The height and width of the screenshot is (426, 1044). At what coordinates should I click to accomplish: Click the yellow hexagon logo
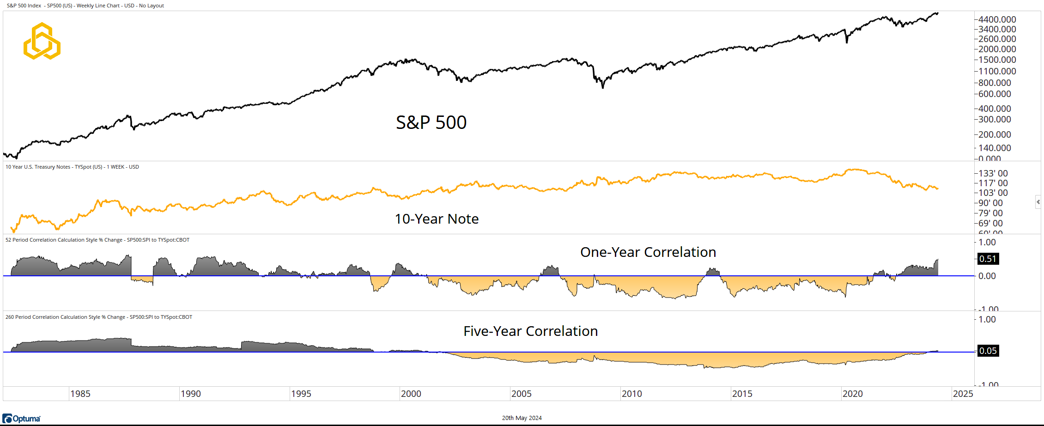[42, 41]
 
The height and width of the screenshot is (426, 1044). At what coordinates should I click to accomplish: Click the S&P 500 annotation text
[431, 122]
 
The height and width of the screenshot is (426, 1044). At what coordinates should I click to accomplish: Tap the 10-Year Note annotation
[437, 219]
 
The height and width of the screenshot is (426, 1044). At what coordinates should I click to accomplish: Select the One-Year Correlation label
[648, 252]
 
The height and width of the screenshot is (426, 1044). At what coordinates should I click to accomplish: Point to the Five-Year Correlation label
[530, 331]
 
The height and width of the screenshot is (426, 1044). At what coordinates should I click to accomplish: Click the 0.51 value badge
[988, 259]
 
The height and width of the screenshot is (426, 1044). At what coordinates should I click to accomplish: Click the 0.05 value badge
[988, 351]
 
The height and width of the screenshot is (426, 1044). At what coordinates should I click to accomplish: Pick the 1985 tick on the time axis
[80, 394]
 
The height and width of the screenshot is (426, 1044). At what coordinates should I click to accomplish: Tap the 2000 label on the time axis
[411, 394]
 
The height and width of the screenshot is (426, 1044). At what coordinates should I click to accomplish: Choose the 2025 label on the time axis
[963, 394]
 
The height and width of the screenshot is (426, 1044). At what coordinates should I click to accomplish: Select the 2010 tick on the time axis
[631, 394]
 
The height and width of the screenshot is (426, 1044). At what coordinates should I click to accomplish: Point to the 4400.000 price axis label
[997, 19]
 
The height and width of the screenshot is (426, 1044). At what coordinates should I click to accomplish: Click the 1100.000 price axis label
[997, 71]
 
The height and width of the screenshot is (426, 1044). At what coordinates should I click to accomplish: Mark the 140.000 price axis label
[995, 148]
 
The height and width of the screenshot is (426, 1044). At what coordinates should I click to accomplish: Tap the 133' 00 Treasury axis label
[993, 173]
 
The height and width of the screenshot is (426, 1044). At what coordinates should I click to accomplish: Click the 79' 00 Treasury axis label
[990, 213]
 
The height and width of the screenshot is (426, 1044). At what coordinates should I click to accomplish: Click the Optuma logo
[22, 419]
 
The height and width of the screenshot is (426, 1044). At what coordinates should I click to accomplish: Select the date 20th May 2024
[522, 418]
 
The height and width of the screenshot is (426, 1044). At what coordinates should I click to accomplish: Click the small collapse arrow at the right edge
[1038, 202]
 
